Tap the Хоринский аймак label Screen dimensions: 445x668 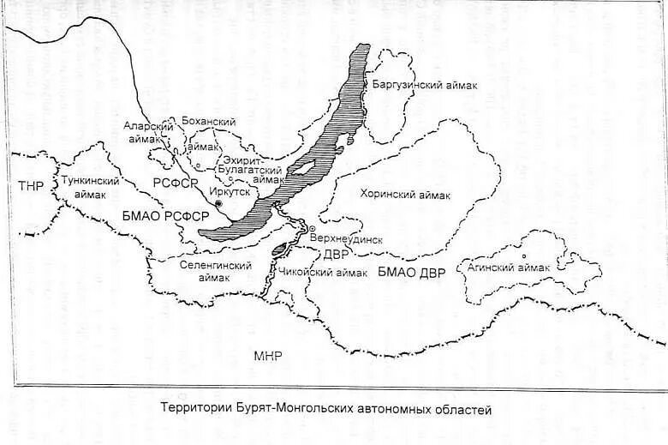405,195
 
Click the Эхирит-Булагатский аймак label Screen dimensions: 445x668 252,170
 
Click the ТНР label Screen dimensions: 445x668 30,185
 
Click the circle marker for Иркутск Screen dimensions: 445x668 219,204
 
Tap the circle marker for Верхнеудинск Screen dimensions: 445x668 313,229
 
